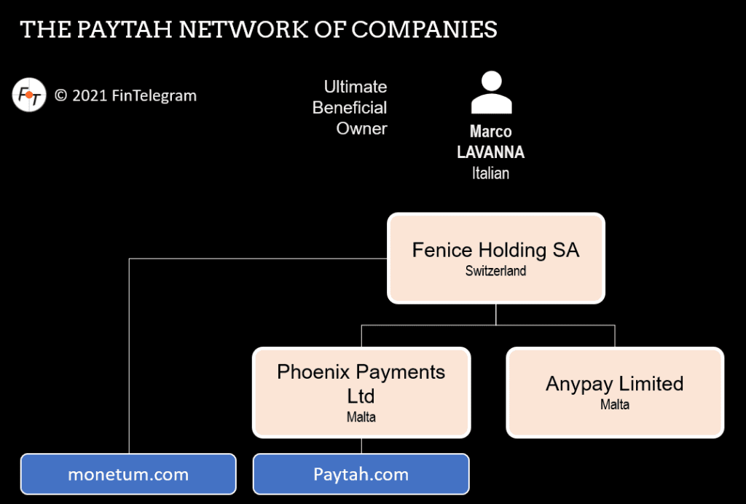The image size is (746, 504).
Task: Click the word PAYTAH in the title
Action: click(x=120, y=29)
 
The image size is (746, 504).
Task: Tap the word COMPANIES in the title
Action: click(x=425, y=29)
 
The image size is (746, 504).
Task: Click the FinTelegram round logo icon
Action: click(x=29, y=95)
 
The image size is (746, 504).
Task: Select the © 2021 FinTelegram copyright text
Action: click(x=125, y=95)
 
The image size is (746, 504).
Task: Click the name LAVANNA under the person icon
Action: click(x=490, y=152)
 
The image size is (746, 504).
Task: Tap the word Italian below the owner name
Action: click(x=490, y=173)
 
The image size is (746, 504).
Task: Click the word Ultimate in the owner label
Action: click(x=356, y=87)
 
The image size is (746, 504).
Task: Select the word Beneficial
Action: click(x=350, y=108)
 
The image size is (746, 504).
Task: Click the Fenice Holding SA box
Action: click(x=495, y=258)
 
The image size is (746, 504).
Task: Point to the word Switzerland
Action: click(x=495, y=271)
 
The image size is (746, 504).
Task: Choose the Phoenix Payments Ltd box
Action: click(x=361, y=392)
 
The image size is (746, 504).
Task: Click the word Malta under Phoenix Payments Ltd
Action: click(x=361, y=417)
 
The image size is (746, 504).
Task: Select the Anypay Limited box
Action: click(x=614, y=392)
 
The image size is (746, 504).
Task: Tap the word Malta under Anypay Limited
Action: click(x=614, y=404)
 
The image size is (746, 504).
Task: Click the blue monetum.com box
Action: click(x=128, y=475)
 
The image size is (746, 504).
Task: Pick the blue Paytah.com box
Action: click(x=361, y=475)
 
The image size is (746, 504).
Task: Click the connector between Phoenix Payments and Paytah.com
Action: click(x=361, y=446)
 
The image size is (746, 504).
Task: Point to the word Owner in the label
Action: click(x=361, y=129)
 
